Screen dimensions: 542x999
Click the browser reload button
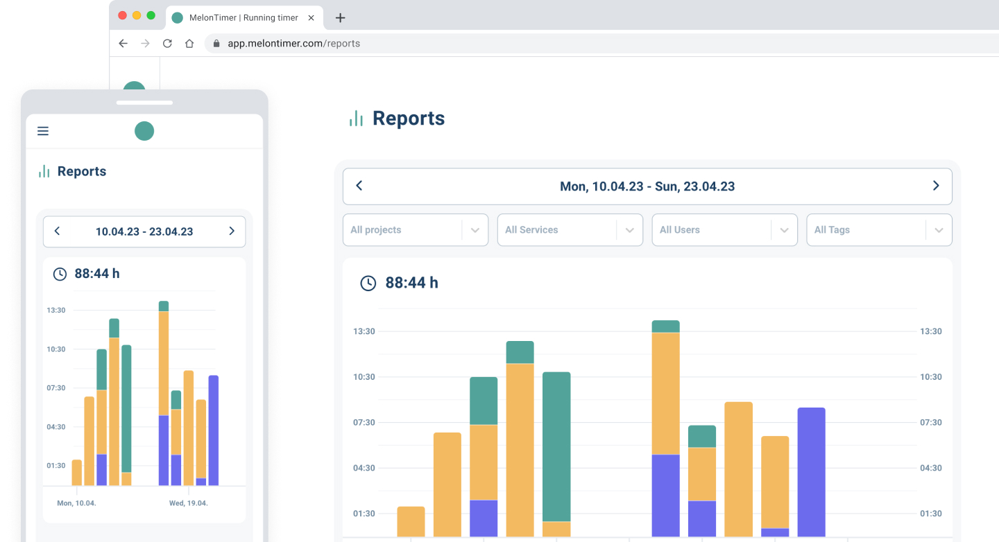(167, 43)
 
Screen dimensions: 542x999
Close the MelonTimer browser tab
(311, 17)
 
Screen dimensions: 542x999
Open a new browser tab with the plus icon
(340, 18)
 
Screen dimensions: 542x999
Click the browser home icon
(189, 43)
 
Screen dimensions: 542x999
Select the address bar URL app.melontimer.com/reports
(293, 43)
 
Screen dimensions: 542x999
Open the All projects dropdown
(415, 230)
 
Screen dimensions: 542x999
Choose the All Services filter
(570, 230)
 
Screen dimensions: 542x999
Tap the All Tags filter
(879, 230)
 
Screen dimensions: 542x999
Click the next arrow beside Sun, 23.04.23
(936, 186)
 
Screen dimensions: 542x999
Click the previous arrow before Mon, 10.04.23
(359, 186)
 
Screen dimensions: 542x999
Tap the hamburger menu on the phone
(43, 131)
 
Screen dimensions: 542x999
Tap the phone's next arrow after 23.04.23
(232, 231)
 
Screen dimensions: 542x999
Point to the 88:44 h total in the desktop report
(411, 283)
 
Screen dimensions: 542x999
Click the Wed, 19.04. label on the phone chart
(189, 503)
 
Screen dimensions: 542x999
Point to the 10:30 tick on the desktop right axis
(931, 377)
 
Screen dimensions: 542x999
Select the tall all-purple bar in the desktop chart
(811, 471)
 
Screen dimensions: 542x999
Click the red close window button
(123, 15)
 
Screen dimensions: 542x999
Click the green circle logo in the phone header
(144, 131)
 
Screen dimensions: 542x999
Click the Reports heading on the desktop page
(408, 119)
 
